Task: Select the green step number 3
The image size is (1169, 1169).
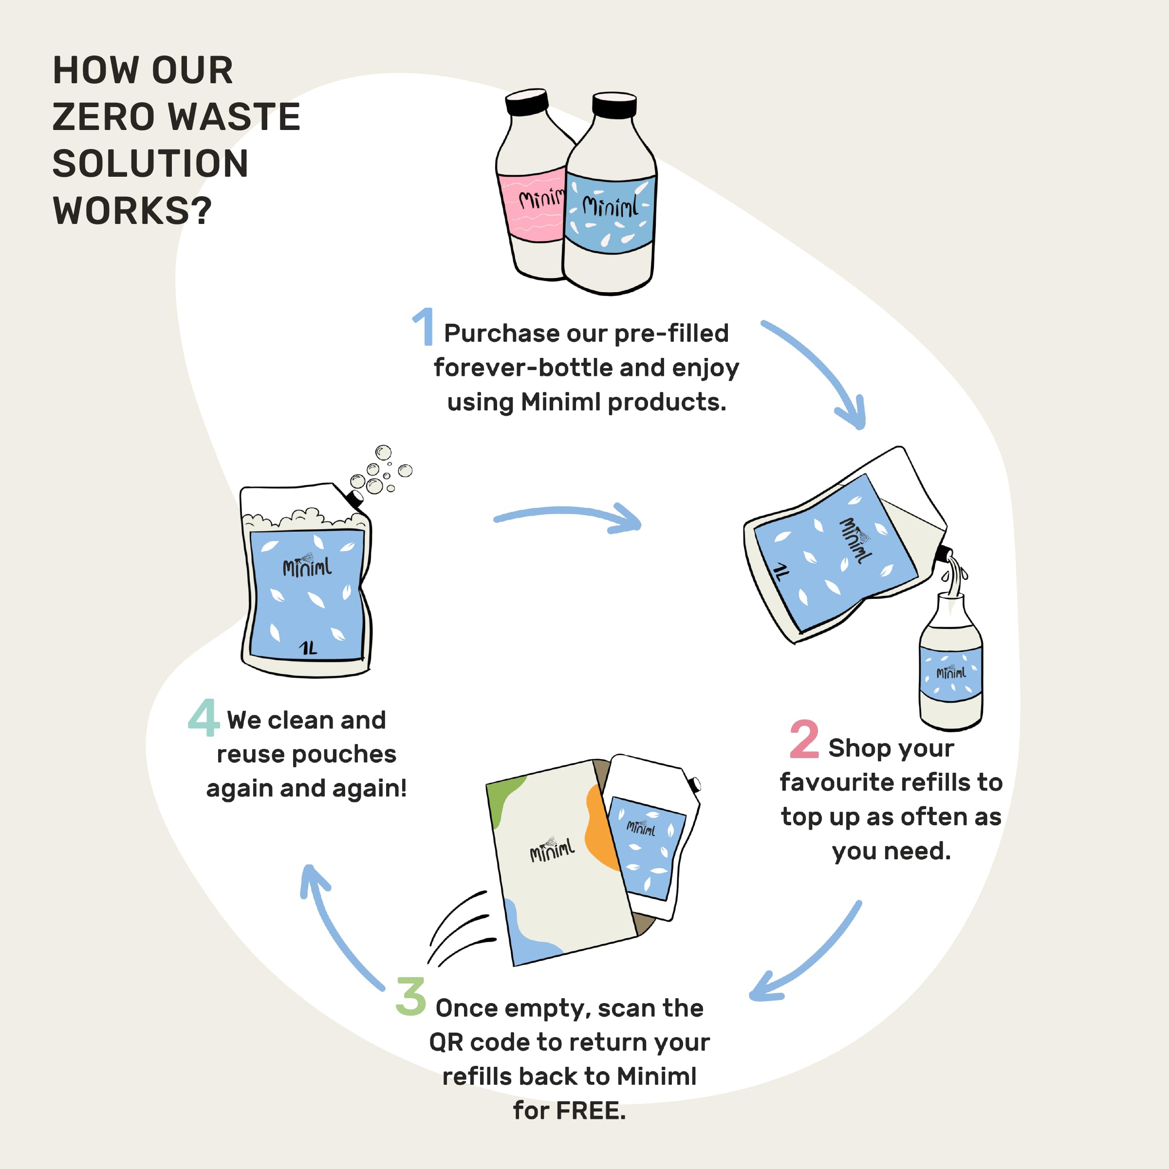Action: point(411,997)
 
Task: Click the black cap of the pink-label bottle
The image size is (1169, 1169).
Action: point(527,102)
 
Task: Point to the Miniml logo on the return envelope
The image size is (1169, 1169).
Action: point(552,850)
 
